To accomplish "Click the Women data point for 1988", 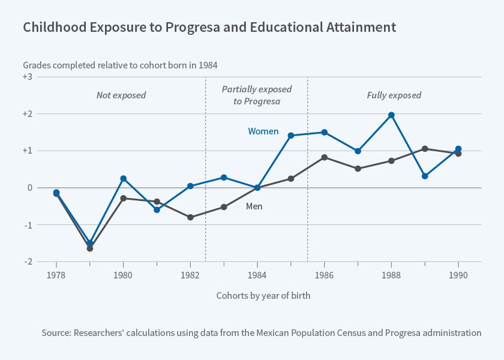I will (x=391, y=115).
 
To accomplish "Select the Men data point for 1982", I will (x=190, y=217).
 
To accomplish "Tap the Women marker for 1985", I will (x=291, y=136).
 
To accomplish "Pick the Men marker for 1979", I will (x=90, y=248).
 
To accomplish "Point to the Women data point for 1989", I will (x=425, y=176).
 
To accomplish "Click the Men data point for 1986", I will (x=325, y=157).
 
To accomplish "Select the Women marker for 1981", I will (x=157, y=210).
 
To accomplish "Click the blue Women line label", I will (x=263, y=131).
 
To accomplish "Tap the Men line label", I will (x=254, y=206).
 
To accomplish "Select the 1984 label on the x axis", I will (x=257, y=275).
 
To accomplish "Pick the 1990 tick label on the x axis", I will (x=458, y=275).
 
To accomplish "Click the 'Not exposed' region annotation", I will (x=121, y=95).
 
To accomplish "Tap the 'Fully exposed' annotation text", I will (x=394, y=95).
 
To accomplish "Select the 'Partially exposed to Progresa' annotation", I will (x=257, y=95).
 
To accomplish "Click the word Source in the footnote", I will (x=58, y=332).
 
